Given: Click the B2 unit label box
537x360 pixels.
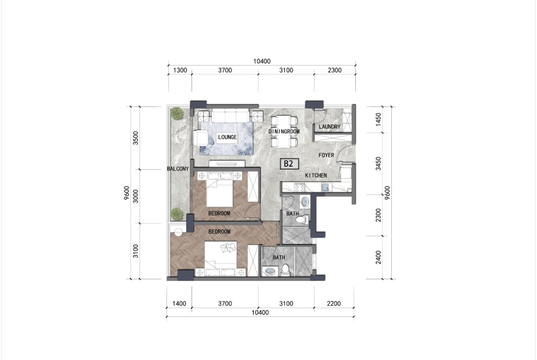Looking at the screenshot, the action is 289,164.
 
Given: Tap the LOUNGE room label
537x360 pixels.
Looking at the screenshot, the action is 227,137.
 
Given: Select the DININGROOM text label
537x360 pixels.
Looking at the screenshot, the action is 284,132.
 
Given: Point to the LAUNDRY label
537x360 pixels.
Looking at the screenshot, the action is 330,127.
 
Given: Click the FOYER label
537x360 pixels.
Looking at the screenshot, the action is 326,155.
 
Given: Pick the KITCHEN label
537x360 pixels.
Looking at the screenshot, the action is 316,176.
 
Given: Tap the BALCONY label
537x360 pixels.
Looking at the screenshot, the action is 178,169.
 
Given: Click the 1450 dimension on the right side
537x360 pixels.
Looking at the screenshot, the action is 378,119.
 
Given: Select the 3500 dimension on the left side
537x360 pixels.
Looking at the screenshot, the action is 136,138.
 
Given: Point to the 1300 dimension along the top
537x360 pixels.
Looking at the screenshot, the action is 180,70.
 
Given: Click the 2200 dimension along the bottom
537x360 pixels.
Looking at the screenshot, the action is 334,304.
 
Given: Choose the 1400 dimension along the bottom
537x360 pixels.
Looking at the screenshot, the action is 179,304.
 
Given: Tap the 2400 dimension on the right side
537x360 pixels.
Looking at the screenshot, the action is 378,257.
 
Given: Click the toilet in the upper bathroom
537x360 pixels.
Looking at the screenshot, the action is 302,218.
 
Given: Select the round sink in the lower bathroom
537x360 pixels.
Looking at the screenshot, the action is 270,272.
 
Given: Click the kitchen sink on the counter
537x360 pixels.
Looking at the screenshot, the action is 326,187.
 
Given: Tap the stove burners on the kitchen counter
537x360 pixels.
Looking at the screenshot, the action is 300,187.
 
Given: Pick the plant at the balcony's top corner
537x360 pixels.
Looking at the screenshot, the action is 177,113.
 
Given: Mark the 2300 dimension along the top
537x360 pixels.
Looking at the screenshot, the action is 335,70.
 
